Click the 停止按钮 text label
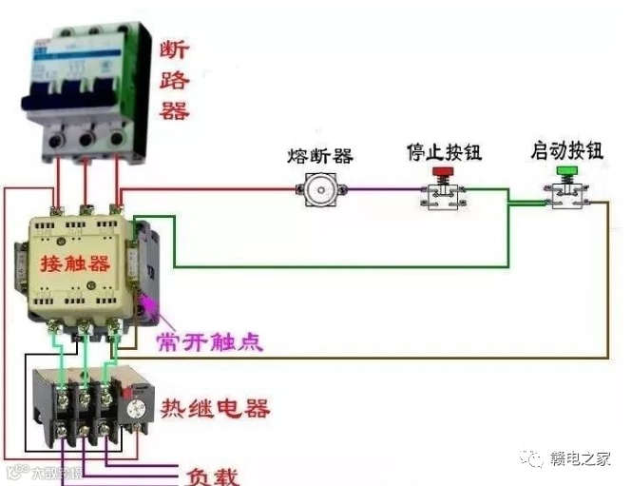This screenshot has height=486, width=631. tap(441, 152)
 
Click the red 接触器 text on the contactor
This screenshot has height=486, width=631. tap(74, 263)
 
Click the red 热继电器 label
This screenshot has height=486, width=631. tap(214, 410)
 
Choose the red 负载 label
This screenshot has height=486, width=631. tap(213, 475)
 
